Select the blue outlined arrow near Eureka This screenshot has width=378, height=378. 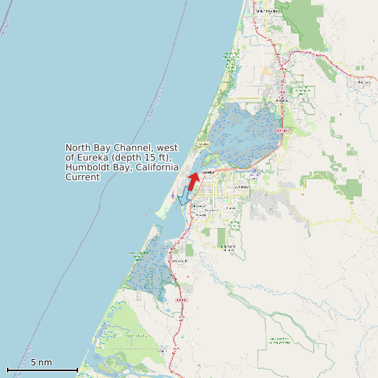(185, 196)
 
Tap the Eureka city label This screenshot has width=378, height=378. (206, 172)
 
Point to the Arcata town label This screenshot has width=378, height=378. (282, 100)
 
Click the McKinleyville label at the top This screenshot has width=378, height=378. (267, 11)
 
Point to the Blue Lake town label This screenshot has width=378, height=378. (363, 82)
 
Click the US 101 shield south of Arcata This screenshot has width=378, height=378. (282, 130)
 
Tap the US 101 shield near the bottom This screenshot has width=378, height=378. (182, 300)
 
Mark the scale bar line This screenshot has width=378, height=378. (42, 370)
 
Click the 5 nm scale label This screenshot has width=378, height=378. (41, 363)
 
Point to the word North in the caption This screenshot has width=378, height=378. (79, 148)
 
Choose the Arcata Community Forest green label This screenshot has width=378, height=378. (302, 91)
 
